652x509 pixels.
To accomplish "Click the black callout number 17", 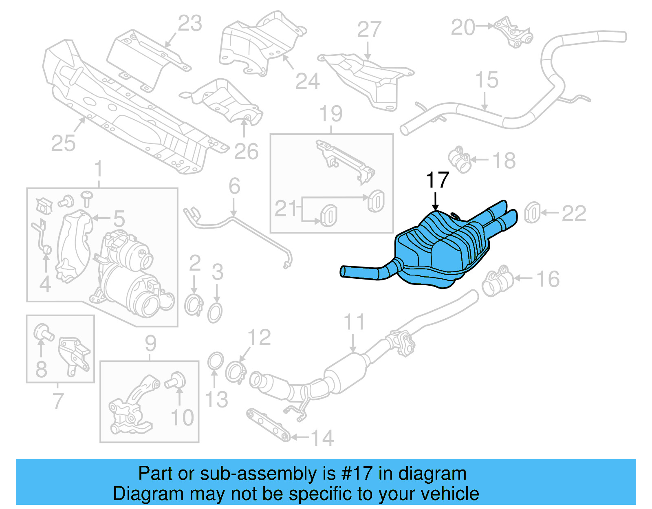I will [437, 180].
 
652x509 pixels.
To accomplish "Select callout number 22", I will [574, 213].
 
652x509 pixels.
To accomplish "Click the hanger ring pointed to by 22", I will [532, 212].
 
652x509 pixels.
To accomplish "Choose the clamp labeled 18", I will [460, 160].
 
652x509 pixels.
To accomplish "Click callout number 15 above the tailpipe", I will [487, 80].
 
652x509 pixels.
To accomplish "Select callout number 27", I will [369, 30].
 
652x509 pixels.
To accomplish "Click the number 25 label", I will [64, 143].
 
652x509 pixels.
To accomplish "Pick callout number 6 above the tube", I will [234, 186].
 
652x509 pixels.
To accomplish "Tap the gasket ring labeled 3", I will [215, 313].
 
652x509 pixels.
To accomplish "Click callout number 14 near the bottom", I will [322, 438].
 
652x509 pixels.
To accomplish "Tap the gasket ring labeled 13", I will [215, 361].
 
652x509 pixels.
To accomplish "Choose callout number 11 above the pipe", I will [354, 322].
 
